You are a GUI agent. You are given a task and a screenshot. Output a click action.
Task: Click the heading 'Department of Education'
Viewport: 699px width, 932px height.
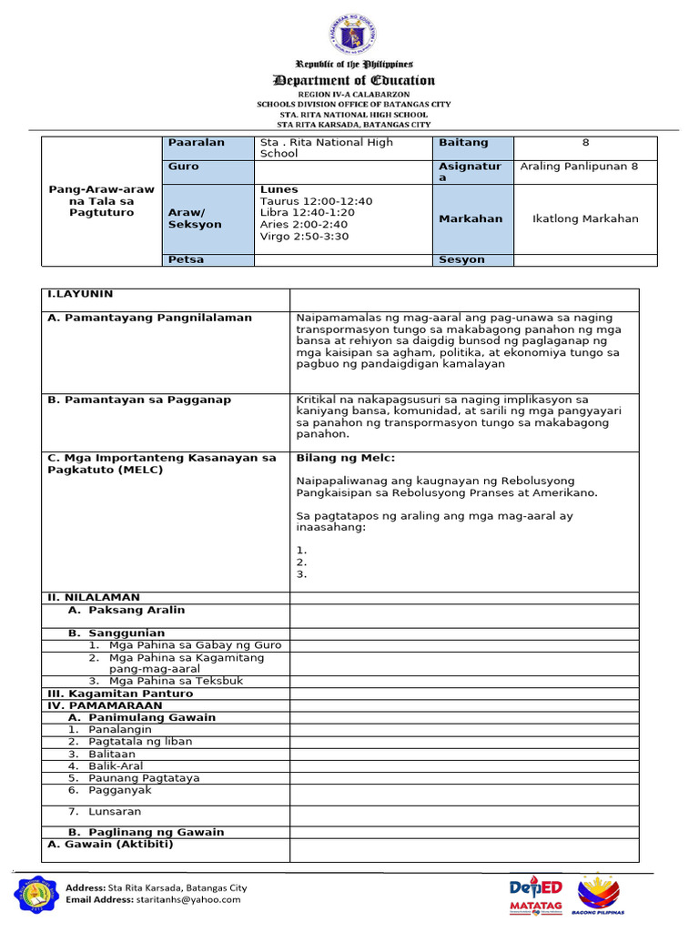click(354, 80)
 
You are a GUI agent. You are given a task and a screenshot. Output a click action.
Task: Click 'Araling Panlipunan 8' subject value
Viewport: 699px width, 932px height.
click(578, 167)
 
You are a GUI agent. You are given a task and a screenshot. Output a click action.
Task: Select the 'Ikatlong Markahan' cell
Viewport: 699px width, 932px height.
click(585, 218)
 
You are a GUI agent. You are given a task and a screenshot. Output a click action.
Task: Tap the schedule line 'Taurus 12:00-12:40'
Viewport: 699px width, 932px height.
click(316, 201)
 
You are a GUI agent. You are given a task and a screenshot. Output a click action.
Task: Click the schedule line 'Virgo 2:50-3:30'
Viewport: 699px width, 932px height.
click(304, 237)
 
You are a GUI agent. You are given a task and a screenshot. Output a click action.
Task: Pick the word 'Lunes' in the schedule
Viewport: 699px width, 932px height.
click(279, 189)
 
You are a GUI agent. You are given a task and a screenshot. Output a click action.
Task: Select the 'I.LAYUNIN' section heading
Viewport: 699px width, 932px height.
click(80, 294)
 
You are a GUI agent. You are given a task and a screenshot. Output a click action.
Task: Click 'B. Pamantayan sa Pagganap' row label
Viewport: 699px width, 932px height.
click(138, 400)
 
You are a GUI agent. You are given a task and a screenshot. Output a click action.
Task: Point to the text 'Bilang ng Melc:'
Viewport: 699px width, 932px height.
click(346, 458)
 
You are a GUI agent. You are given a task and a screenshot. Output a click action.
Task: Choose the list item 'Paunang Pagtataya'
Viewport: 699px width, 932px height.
click(144, 778)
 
